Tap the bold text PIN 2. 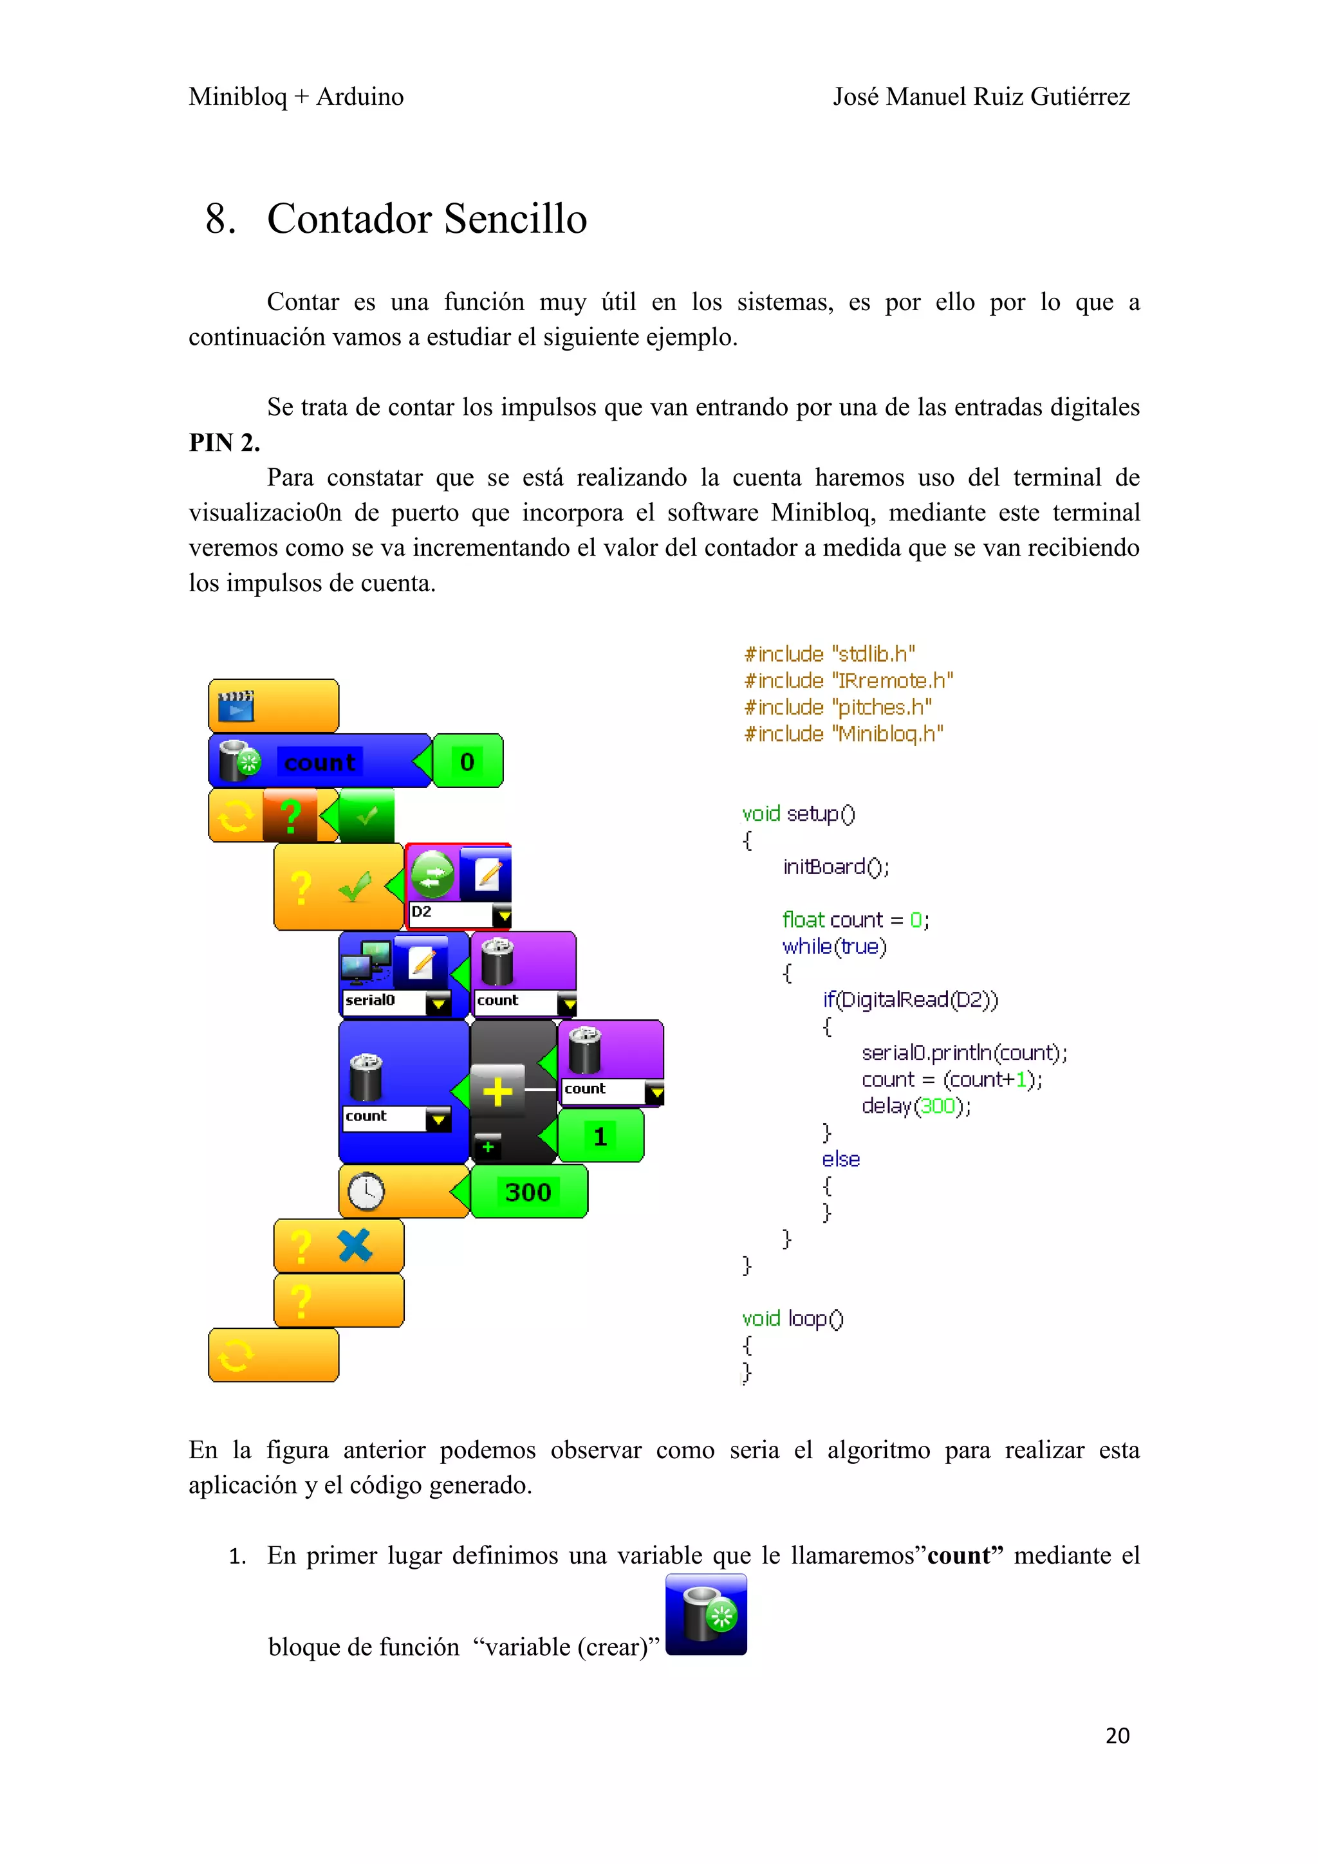point(224,443)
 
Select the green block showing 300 point(528,1192)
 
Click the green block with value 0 point(468,762)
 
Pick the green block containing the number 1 point(600,1137)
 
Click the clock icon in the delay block point(366,1191)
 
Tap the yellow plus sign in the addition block point(497,1091)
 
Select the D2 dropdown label point(422,911)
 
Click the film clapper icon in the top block point(236,706)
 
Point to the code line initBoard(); point(835,867)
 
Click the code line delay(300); point(915,1106)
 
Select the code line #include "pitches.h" point(837,707)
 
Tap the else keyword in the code point(840,1159)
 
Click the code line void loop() point(793,1319)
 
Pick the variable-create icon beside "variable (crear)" point(706,1614)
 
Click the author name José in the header point(855,96)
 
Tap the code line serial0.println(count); point(964,1053)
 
